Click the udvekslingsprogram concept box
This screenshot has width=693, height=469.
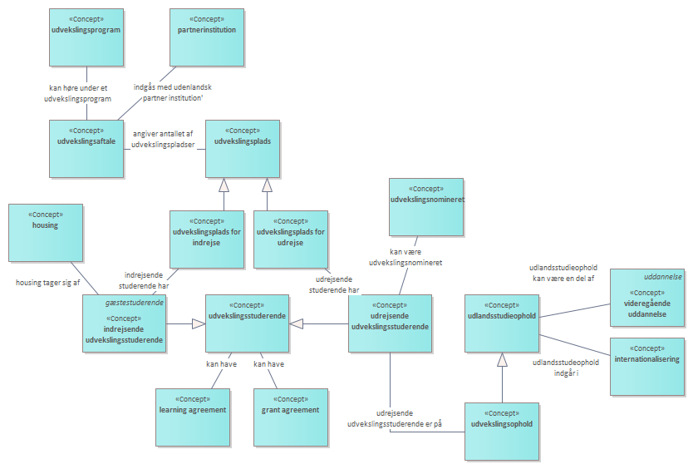pos(86,37)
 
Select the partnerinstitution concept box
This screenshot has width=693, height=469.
pos(207,37)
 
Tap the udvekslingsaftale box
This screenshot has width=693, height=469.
pos(86,149)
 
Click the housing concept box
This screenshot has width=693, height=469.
pos(46,232)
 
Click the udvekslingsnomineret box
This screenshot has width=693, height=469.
pos(426,206)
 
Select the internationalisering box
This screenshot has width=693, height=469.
pos(647,366)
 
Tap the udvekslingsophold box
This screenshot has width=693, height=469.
pos(501,431)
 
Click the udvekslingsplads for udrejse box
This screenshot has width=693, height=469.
pos(291,239)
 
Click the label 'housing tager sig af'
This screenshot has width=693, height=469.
pos(47,283)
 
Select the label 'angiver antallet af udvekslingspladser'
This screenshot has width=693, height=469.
pos(163,140)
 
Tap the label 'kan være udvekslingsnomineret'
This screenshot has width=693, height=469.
pos(405,256)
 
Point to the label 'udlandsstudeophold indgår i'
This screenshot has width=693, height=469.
pos(565,368)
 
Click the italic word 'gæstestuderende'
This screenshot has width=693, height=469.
pos(134,303)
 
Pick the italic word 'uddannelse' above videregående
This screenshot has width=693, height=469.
pos(663,276)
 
